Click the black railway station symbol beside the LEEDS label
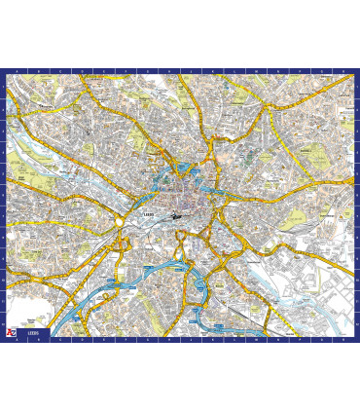[x=175, y=215]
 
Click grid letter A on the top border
[x=17, y=71]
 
